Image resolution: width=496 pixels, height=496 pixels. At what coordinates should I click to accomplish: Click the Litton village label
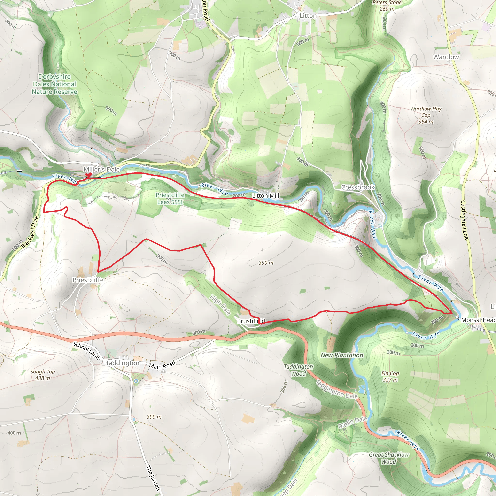[308, 16]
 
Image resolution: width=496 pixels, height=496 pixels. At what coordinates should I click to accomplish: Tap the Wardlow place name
[446, 57]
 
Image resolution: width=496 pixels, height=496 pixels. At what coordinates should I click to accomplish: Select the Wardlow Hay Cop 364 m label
[426, 115]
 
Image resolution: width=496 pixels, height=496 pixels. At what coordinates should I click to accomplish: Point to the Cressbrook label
[358, 187]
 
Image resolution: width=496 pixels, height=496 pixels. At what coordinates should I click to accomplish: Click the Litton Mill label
[265, 196]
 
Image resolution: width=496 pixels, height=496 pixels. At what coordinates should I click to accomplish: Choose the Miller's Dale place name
[102, 170]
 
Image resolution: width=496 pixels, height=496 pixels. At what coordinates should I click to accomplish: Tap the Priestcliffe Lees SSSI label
[170, 198]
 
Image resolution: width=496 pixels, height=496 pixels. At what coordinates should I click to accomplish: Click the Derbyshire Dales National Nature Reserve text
[54, 84]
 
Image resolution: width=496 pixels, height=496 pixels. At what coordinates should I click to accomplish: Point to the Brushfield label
[251, 321]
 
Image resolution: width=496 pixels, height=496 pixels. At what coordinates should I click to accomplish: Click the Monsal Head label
[478, 320]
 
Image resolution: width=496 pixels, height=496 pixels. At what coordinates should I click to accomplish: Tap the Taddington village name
[123, 363]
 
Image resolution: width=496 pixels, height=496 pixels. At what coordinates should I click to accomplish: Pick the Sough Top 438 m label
[43, 375]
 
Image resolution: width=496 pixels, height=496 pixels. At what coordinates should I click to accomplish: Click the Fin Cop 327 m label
[390, 377]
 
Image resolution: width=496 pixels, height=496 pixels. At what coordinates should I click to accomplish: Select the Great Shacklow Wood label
[389, 458]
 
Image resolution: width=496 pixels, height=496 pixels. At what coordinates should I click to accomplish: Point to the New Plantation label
[342, 355]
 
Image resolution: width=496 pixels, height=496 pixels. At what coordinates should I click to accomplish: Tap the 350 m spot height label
[266, 263]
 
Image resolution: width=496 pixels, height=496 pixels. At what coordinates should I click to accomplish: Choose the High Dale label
[220, 305]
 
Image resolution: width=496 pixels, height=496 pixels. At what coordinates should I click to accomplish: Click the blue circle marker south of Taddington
[136, 381]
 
